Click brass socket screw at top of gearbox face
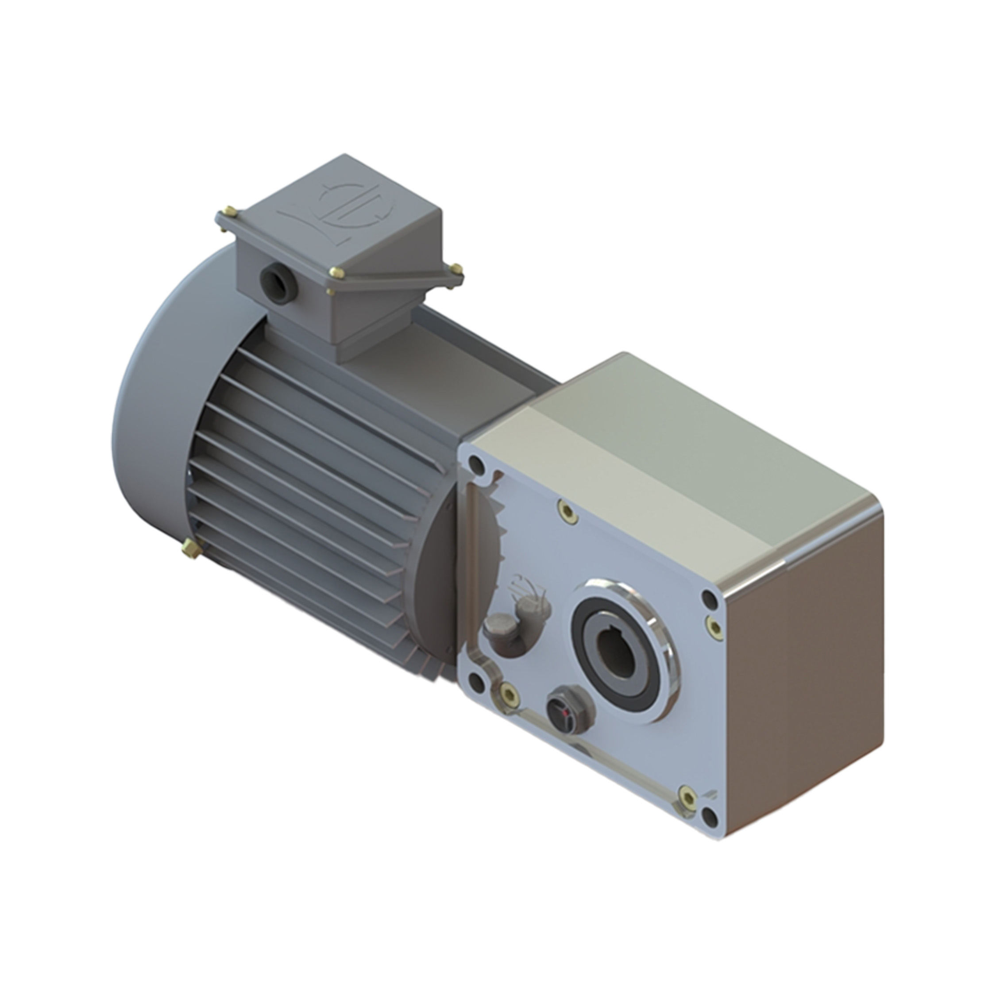coord(567,511)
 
